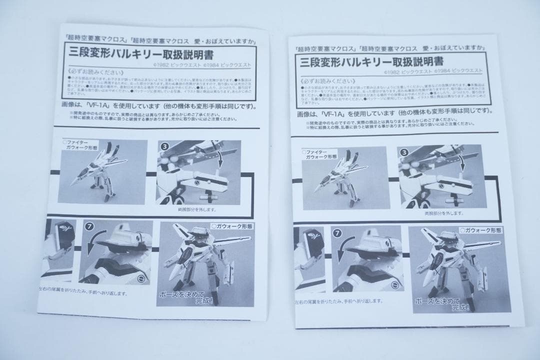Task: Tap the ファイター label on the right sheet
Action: pos(316,150)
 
